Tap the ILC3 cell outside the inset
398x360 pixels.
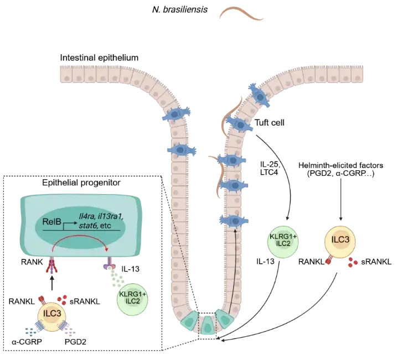(x=339, y=241)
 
